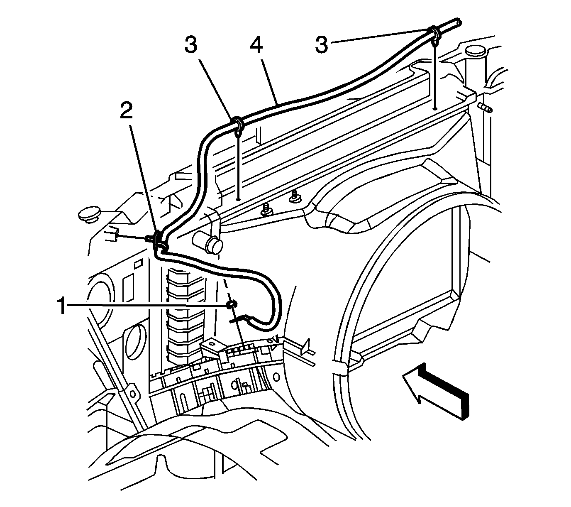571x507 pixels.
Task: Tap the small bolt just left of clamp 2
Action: coord(148,238)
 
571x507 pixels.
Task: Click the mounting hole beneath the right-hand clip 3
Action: coord(434,108)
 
